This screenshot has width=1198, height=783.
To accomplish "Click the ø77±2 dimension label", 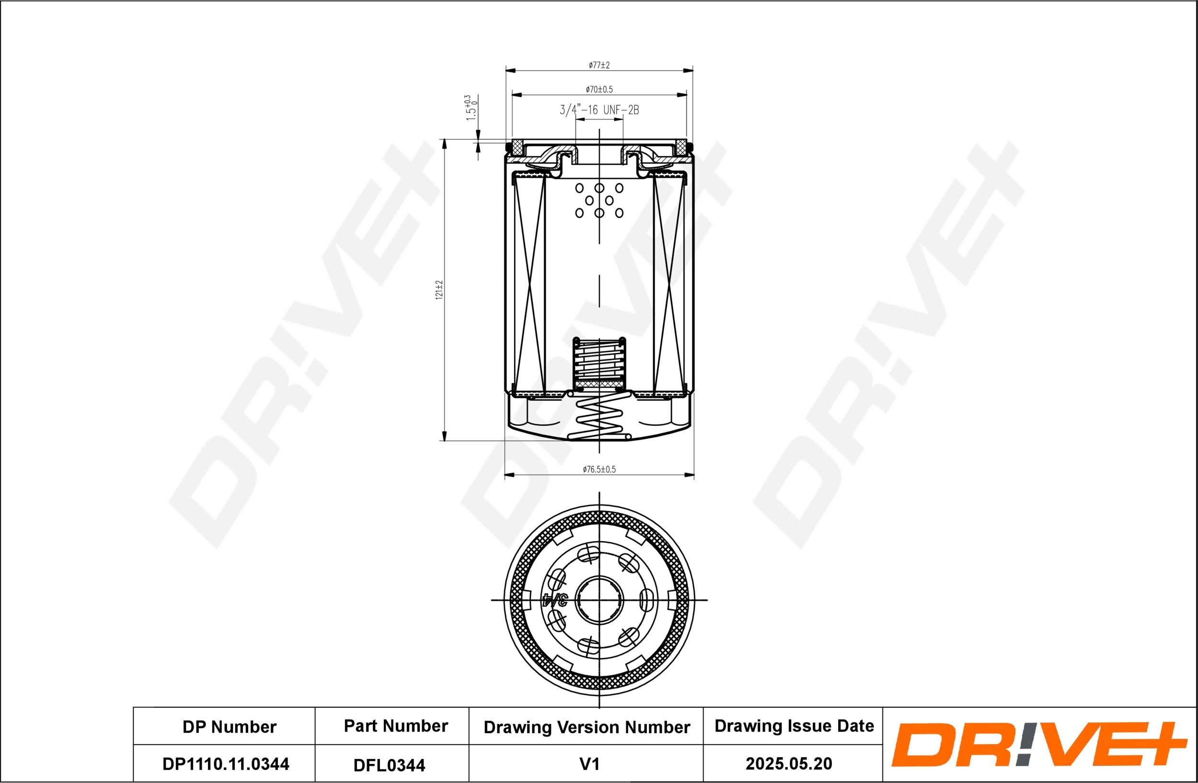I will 599,65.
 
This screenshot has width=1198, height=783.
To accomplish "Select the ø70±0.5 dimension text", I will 599,90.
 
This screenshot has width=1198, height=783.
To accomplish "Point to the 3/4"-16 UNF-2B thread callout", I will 599,110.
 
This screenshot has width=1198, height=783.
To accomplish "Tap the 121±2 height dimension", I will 439,291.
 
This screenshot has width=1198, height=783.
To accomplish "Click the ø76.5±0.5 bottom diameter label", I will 599,469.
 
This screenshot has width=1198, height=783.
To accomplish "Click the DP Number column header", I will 229,727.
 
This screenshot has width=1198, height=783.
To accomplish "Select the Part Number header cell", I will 396,726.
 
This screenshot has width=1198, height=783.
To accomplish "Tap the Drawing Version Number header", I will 587,727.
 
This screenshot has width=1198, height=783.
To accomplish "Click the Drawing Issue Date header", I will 795,726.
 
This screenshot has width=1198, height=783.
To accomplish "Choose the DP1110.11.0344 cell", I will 226,764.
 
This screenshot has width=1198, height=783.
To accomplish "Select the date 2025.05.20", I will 789,764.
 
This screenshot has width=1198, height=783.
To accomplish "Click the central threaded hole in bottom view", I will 599,600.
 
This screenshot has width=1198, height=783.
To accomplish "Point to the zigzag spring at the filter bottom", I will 599,416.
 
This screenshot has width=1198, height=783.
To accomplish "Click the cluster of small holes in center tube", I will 599,200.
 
